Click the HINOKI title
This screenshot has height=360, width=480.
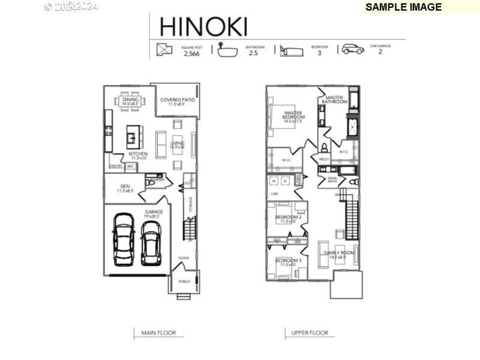(203, 26)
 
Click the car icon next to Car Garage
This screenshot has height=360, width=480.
(353, 49)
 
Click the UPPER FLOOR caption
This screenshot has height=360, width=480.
(309, 333)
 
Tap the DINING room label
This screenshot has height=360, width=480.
(130, 100)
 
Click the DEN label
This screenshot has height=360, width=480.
(125, 187)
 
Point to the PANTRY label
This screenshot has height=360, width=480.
(116, 166)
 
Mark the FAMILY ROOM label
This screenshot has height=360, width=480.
(340, 253)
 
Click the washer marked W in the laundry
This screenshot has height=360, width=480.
(275, 181)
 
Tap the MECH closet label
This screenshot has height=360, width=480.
(323, 159)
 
